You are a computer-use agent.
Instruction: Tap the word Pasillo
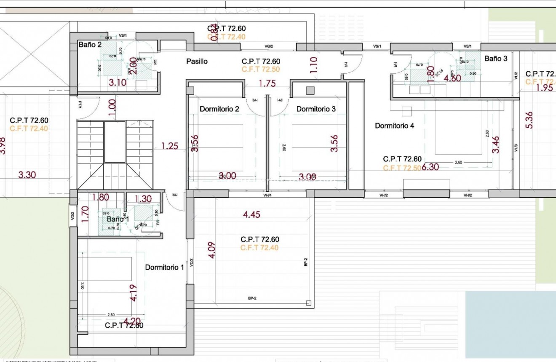point(197,62)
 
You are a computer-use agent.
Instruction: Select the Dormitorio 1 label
point(164,268)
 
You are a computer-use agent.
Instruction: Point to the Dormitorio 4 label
point(395,126)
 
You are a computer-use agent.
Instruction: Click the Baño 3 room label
point(496,59)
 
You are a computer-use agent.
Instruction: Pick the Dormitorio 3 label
point(316,109)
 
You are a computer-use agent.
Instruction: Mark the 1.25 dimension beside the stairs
point(169,146)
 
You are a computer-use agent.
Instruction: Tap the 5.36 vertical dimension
point(530,120)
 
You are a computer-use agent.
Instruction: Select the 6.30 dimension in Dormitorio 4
point(430,167)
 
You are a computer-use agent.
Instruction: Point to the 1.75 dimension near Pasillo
point(267,83)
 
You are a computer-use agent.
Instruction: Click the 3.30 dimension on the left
point(27,174)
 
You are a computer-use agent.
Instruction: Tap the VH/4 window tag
point(268,195)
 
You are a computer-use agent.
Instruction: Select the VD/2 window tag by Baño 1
point(72,216)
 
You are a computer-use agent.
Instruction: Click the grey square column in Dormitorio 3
point(310,90)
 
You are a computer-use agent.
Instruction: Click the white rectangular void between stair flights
point(115,142)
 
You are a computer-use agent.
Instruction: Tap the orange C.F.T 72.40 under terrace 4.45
point(259,248)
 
